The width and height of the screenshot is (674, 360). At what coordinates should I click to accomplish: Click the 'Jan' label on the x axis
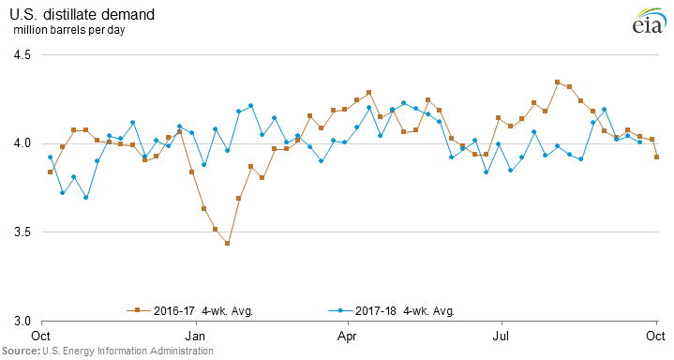pos(196,334)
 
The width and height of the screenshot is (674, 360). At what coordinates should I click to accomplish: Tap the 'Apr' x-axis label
pos(348,334)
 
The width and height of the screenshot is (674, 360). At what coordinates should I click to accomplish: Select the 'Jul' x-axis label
pos(502,334)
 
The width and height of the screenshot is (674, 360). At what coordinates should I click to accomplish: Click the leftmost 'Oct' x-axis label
pos(41,334)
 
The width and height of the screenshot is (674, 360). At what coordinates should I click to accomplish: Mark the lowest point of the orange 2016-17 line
pos(227,244)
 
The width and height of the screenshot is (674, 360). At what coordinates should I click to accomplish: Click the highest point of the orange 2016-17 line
pos(557,82)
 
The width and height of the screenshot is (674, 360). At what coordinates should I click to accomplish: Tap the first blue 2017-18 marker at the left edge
pos(50,157)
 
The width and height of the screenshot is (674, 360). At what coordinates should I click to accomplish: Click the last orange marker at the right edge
pos(656,157)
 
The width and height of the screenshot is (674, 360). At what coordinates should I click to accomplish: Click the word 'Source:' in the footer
pos(20,351)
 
